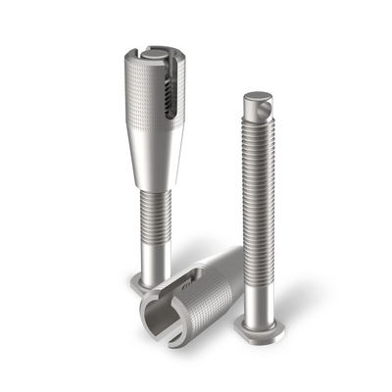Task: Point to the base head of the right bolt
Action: click(262, 329)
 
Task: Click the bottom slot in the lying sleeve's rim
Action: click(174, 338)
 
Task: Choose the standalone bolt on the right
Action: click(260, 216)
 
